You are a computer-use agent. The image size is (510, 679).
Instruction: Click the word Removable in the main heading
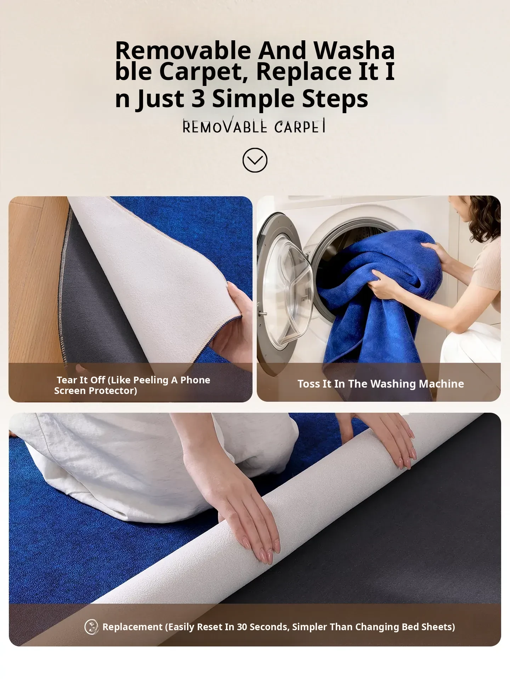click(x=183, y=50)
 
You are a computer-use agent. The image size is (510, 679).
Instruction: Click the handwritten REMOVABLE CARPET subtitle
click(x=254, y=126)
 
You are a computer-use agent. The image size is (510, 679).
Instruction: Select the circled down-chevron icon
click(x=255, y=160)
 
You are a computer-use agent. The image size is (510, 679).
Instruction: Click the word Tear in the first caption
click(x=67, y=380)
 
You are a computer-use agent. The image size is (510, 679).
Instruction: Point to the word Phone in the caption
click(x=195, y=380)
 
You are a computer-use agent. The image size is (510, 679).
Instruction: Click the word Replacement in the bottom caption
click(x=132, y=627)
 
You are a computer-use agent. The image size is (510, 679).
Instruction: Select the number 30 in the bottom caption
click(x=242, y=627)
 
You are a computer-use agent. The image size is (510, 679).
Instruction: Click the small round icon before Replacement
click(x=91, y=627)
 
